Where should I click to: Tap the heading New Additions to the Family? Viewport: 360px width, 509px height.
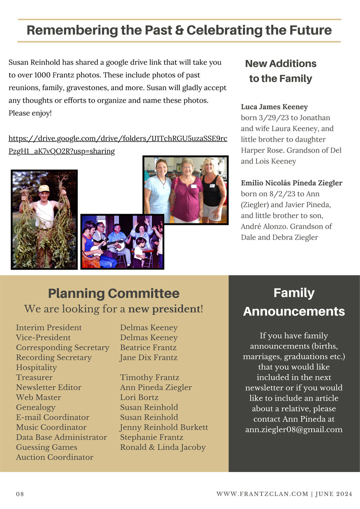(x=281, y=71)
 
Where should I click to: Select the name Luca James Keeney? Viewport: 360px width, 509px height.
(x=274, y=107)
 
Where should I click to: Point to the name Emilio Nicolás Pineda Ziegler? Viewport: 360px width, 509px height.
(x=292, y=183)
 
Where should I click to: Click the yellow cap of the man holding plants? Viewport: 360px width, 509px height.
(x=44, y=188)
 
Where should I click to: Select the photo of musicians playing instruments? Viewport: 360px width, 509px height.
(x=122, y=241)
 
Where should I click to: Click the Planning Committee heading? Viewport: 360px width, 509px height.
(x=114, y=293)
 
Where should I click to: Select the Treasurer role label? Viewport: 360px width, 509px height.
(x=34, y=378)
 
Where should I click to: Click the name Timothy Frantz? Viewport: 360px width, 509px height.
(x=149, y=378)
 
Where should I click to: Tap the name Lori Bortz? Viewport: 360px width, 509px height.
(x=139, y=398)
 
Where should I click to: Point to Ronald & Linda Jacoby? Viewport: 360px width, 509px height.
(x=163, y=448)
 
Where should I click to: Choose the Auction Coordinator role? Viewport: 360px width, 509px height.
(x=54, y=458)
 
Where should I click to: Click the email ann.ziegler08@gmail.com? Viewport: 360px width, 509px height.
(x=294, y=430)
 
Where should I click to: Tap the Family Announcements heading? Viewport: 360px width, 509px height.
(x=294, y=302)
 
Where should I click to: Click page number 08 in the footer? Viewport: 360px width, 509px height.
(x=20, y=494)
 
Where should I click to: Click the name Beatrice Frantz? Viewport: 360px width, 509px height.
(x=148, y=348)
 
